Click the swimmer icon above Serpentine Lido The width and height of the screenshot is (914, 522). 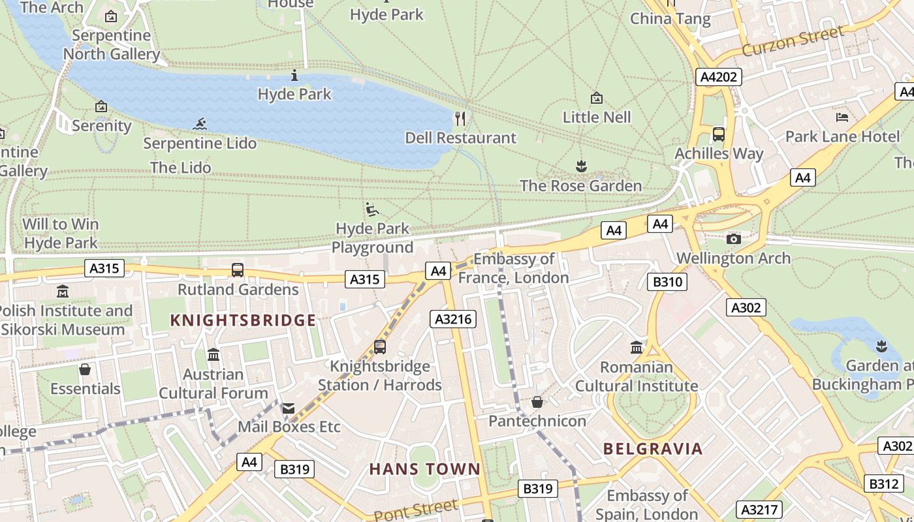point(200,124)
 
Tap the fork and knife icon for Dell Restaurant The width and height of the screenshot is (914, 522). point(461,118)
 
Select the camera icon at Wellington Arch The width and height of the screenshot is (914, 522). point(734,239)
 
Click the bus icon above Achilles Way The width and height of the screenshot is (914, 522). point(719,134)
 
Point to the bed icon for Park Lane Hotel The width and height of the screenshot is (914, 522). point(842,117)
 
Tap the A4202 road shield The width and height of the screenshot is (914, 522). point(718,77)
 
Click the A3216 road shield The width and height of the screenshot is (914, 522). point(453,319)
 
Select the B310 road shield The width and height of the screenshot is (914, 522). point(667,282)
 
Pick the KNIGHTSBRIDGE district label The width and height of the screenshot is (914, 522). point(243,320)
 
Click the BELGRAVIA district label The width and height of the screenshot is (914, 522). point(653,449)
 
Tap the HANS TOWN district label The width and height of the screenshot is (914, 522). point(425,469)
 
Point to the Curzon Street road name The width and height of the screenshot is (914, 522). point(793,40)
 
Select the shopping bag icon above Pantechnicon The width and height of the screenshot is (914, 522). point(537,402)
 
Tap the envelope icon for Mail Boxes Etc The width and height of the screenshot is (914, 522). point(288,408)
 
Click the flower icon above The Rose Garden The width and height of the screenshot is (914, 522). point(580,166)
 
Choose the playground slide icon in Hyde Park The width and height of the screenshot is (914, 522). point(372,209)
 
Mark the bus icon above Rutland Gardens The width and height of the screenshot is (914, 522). point(238,270)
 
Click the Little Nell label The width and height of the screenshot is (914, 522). point(597,117)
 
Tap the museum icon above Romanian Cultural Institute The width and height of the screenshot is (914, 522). point(637,347)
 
